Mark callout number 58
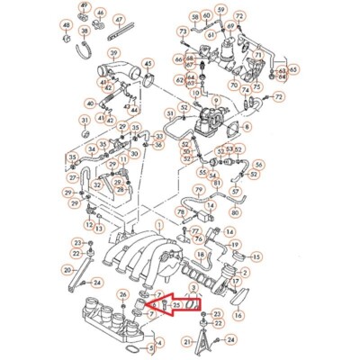click(195, 17)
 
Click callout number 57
click(235, 192)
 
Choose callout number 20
click(67, 269)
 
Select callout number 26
click(122, 295)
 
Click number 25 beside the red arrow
click(177, 306)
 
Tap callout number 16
click(238, 315)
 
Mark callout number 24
click(229, 339)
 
